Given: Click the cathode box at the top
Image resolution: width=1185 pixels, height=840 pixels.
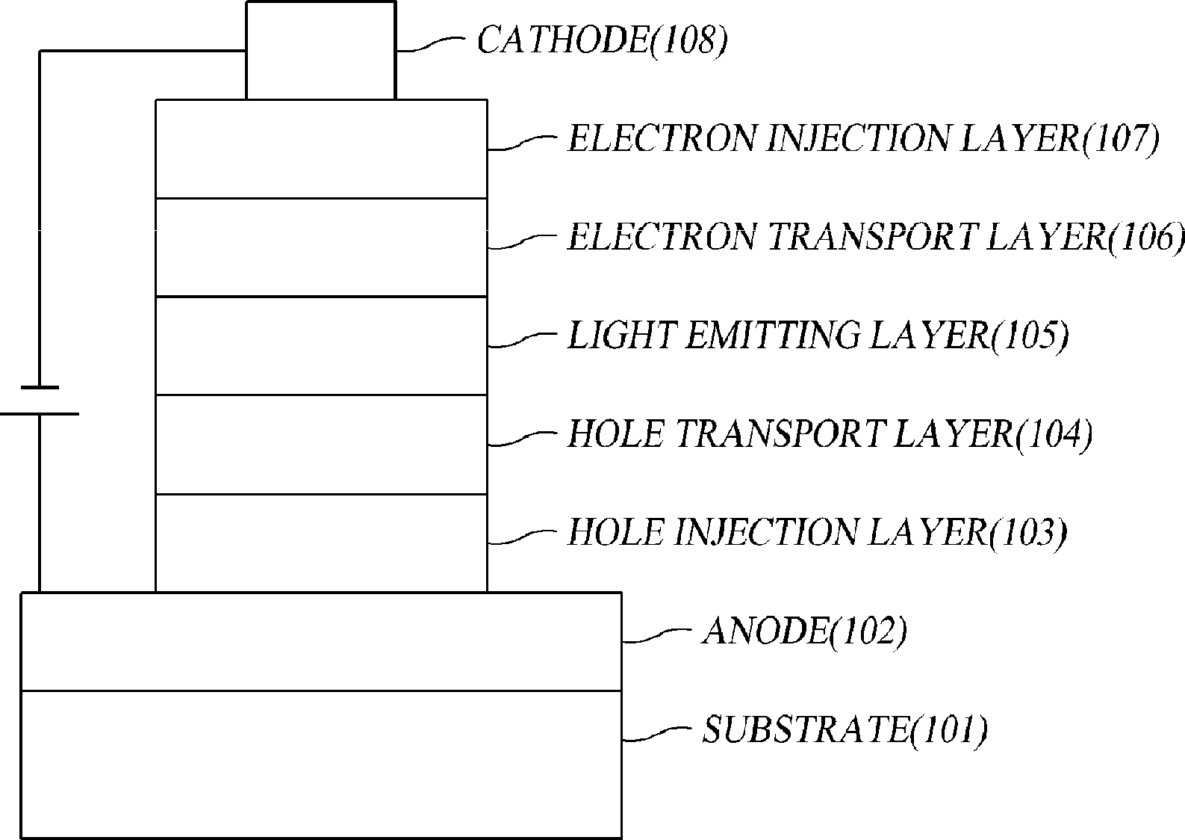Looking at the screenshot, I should coord(320,50).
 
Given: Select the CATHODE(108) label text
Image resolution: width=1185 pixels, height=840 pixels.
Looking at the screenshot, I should coord(602,40).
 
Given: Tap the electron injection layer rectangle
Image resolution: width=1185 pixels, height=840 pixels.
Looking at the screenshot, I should coord(321,149).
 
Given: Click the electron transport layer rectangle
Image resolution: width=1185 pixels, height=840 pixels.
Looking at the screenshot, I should coord(321,247).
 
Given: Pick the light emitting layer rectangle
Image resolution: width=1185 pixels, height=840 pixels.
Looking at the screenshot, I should coord(321,346).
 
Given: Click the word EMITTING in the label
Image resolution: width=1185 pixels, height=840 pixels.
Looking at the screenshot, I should coord(773,336).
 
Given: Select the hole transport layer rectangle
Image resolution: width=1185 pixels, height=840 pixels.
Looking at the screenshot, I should coord(321,445).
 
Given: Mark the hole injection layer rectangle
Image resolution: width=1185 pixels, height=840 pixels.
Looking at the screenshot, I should coord(321,543).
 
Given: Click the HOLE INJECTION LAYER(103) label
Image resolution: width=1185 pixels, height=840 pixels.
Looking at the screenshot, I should coord(817,533).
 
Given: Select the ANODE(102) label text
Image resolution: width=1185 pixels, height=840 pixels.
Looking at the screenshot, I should coord(805,632).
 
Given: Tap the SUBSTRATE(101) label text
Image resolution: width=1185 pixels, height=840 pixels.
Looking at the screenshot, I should coord(845,729).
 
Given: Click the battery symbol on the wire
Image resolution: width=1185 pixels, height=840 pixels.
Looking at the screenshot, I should coord(40,401).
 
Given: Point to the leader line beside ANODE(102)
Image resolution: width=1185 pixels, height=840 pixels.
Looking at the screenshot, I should coord(654,636).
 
